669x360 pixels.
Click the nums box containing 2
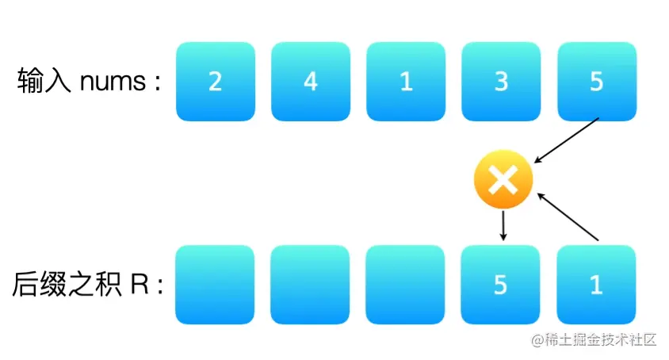215,82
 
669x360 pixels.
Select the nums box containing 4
311,82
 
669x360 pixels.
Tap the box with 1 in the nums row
406,82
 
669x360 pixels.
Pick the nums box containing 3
500,82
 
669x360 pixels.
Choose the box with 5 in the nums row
596,82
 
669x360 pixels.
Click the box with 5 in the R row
500,285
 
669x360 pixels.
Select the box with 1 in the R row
596,285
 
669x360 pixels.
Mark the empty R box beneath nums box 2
215,285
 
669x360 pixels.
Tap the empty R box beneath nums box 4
311,285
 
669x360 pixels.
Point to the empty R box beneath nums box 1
406,285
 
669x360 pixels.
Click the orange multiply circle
502,182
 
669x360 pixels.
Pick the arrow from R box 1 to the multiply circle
568,216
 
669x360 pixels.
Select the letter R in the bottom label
140,285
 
